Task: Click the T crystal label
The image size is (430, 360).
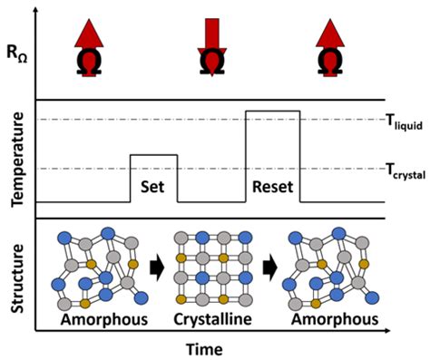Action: coord(405,172)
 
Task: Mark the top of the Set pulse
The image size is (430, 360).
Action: coord(153,155)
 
